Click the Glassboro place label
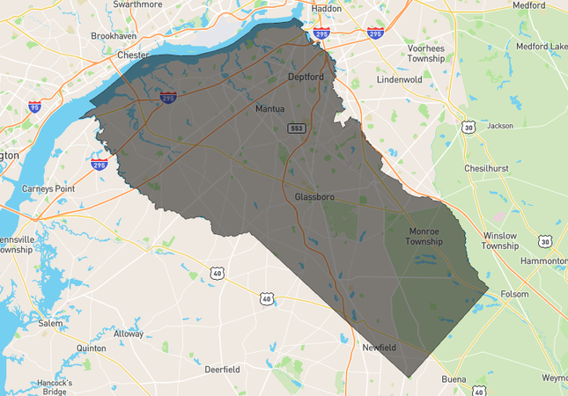click(314, 196)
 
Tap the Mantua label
click(269, 109)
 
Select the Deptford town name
click(306, 77)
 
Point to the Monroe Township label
click(424, 236)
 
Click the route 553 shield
click(297, 128)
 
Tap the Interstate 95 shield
click(34, 107)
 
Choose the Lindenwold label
click(400, 79)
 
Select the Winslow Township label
click(499, 240)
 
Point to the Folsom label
click(514, 294)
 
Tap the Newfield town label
click(380, 348)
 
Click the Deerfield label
click(222, 370)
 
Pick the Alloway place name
click(129, 334)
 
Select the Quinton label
click(92, 348)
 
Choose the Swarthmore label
click(138, 4)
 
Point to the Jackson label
click(499, 126)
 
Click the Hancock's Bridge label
click(55, 386)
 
